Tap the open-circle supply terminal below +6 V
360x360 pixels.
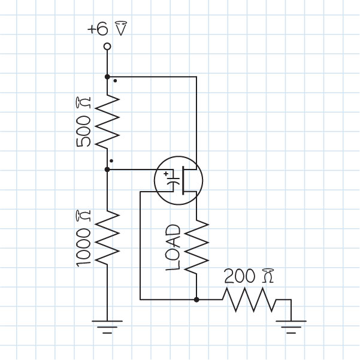107,46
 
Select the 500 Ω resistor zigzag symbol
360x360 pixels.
107,123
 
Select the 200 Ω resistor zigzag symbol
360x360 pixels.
249,299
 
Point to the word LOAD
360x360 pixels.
173,247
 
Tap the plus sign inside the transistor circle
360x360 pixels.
166,174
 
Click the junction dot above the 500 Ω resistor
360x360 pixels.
107,77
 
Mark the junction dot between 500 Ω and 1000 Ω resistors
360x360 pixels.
107,170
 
